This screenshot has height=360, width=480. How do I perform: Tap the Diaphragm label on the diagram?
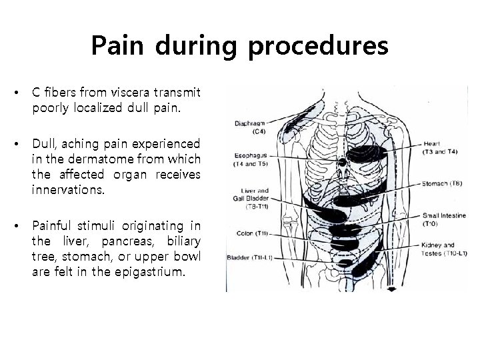pyautogui.click(x=249, y=126)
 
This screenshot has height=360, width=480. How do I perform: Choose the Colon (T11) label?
pyautogui.click(x=251, y=233)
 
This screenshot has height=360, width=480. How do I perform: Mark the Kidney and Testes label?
pyautogui.click(x=442, y=249)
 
